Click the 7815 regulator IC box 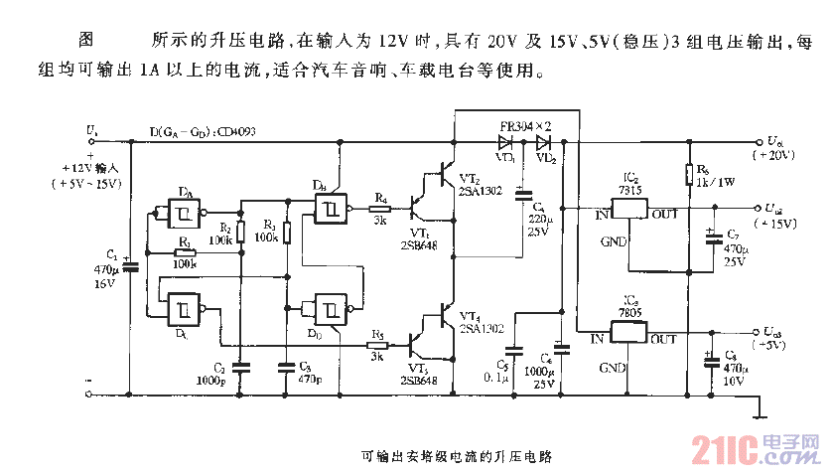tap(630, 210)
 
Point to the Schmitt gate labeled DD tap(331, 310)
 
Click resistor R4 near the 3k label tap(379, 210)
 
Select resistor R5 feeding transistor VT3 tap(377, 340)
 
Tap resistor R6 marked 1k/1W tap(687, 176)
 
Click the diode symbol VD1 tap(505, 141)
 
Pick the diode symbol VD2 tap(542, 141)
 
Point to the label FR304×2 tap(525, 127)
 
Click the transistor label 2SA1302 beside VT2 tap(481, 188)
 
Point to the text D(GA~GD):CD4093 tap(203, 131)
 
